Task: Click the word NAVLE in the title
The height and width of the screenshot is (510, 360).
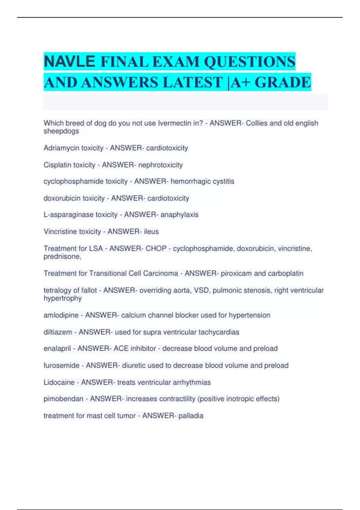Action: (x=69, y=62)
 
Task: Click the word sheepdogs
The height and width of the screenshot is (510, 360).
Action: (x=61, y=131)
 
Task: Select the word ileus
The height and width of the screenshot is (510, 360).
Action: (x=151, y=232)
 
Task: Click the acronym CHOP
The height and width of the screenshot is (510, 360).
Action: (x=156, y=249)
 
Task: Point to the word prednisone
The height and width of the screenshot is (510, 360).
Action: (x=62, y=257)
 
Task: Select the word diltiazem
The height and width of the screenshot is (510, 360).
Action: (x=58, y=332)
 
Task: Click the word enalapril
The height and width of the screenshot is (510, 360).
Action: (x=57, y=349)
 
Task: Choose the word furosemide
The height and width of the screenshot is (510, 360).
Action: (x=61, y=365)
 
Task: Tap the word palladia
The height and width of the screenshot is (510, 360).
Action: (x=191, y=416)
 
